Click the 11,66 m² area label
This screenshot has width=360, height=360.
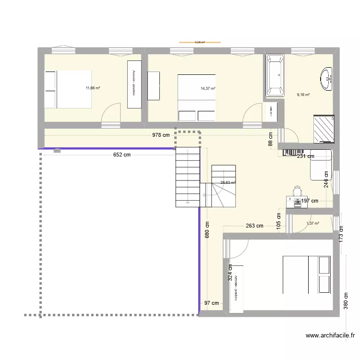[x=93, y=88]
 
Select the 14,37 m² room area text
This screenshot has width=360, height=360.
[x=208, y=88]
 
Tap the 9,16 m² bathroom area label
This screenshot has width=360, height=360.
[x=303, y=95]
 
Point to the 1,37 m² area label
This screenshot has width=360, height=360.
[x=312, y=223]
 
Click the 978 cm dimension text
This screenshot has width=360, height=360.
[x=161, y=135]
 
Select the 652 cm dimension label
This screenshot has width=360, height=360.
[x=122, y=155]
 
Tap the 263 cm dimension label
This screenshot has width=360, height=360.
[x=254, y=226]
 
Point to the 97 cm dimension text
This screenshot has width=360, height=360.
[x=211, y=303]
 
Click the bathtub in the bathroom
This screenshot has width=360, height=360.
[x=275, y=75]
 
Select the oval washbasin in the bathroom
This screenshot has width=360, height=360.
[x=327, y=78]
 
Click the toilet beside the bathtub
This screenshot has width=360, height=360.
[x=272, y=112]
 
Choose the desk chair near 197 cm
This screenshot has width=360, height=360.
[x=297, y=192]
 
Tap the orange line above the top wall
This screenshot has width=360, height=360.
[x=200, y=43]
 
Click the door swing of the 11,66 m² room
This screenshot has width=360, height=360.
[x=111, y=115]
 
